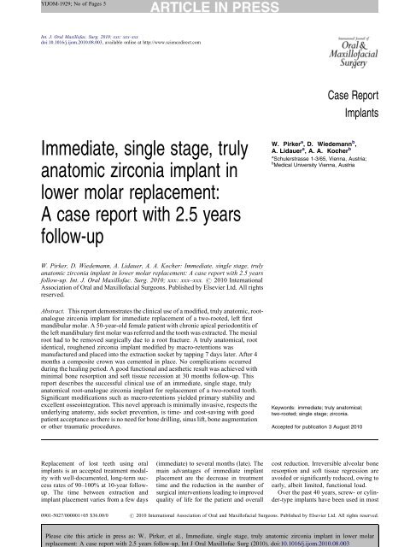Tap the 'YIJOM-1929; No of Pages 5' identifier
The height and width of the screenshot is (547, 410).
coord(50,6)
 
